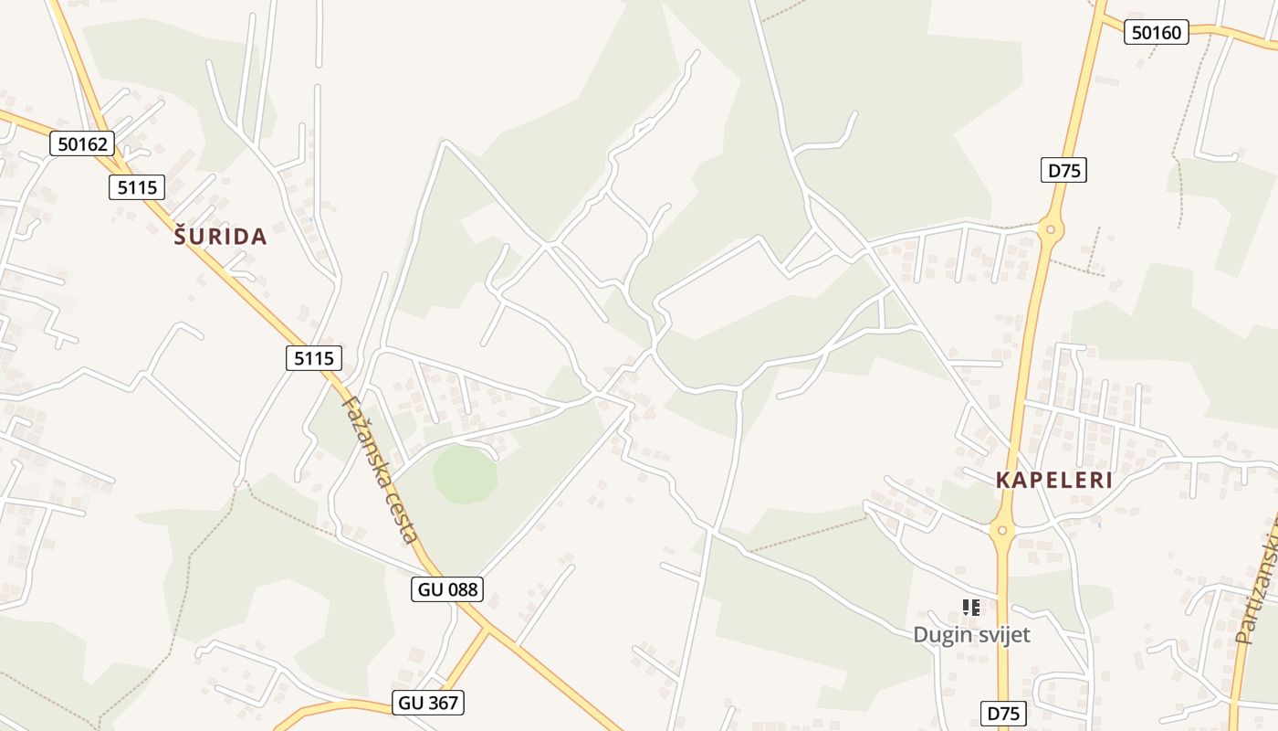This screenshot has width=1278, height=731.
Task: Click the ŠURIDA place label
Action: [x=220, y=237]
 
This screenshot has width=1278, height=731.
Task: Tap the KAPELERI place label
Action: [x=1054, y=481]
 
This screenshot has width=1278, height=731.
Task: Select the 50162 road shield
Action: [x=82, y=143]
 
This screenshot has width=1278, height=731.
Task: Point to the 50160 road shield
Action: [x=1156, y=33]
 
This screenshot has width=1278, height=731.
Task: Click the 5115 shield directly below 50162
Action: [x=138, y=188]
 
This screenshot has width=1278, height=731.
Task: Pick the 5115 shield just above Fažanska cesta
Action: [x=314, y=358]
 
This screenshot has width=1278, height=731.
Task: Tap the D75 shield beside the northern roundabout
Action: [x=1063, y=170]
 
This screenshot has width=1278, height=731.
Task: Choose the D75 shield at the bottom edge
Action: [x=1003, y=714]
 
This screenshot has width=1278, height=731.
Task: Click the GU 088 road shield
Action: [x=446, y=589]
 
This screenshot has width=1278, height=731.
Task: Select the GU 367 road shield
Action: [x=429, y=703]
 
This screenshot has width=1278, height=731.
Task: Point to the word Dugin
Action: [x=942, y=635]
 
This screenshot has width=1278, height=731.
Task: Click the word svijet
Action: [x=1002, y=635]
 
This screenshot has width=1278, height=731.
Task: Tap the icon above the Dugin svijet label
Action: [x=971, y=607]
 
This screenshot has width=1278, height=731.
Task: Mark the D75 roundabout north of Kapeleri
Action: [x=1051, y=229]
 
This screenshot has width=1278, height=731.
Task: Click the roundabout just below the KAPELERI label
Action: [x=1002, y=529]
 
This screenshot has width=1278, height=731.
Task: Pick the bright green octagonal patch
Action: [x=466, y=473]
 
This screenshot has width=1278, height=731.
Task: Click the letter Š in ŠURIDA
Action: [x=180, y=237]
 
